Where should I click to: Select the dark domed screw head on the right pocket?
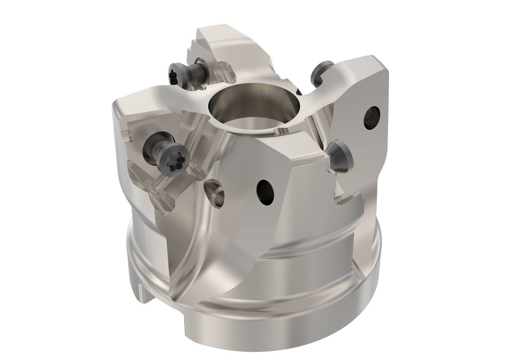[341, 156]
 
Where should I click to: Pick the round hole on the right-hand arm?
[372, 118]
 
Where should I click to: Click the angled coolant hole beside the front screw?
[214, 193]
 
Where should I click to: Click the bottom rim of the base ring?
[278, 342]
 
